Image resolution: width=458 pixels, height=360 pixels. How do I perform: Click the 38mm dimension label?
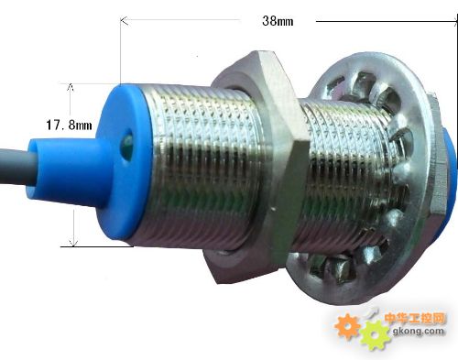pos(278,21)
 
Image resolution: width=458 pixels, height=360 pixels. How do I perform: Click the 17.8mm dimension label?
pos(69,125)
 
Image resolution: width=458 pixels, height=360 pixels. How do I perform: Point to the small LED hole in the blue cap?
pos(127,145)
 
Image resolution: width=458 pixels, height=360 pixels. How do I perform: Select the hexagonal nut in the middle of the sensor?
pos(259,165)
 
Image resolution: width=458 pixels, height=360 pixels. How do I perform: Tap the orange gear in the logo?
pos(347,327)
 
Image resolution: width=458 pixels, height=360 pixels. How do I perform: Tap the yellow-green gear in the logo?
pos(375,335)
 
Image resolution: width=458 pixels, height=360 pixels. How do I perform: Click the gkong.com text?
pos(418,331)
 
